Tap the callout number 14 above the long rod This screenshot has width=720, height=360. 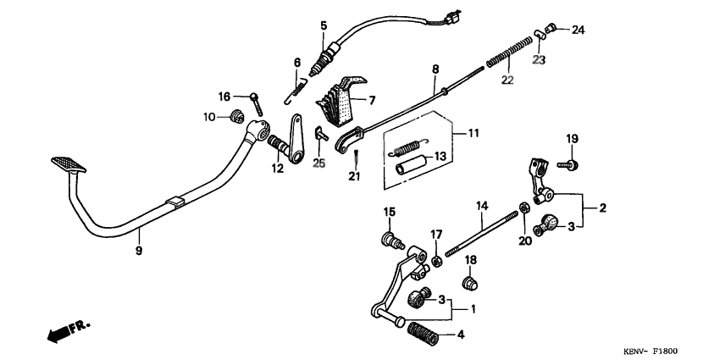pyautogui.click(x=481, y=206)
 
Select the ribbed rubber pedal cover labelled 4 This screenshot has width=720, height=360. pyautogui.click(x=427, y=333)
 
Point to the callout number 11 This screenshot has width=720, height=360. pyautogui.click(x=473, y=134)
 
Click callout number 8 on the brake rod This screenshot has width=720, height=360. pyautogui.click(x=435, y=69)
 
